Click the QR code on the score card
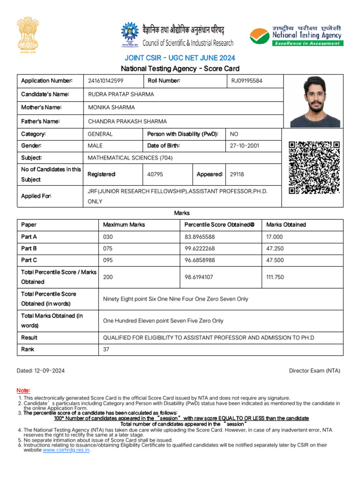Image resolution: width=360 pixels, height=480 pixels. click(314, 168)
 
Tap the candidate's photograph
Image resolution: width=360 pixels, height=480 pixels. click(315, 102)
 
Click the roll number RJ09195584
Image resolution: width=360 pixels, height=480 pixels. click(247, 81)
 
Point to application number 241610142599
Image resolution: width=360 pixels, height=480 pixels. click(106, 81)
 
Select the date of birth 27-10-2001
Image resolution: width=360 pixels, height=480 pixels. click(244, 146)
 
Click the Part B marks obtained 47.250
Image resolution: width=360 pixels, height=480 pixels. click(275, 248)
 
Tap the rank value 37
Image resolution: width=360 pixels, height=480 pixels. click(106, 349)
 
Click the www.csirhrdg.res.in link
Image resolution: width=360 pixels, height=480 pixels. click(66, 450)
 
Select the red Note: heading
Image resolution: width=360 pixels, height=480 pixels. click(23, 390)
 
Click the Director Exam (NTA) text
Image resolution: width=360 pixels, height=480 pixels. click(315, 371)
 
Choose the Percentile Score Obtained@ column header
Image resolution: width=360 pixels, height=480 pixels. click(219, 225)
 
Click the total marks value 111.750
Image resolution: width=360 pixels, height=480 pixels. click(275, 277)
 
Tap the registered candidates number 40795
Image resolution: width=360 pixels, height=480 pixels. click(155, 174)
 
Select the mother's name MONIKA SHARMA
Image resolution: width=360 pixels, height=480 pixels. click(112, 107)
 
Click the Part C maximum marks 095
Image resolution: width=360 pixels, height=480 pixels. click(108, 260)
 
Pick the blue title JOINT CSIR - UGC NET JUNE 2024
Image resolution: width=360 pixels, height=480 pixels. click(180, 58)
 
